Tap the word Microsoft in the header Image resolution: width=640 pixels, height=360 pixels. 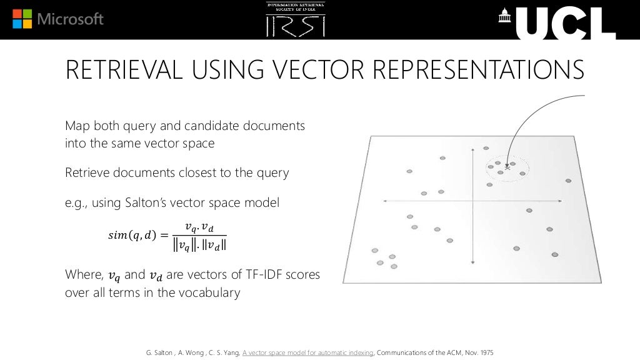(71, 19)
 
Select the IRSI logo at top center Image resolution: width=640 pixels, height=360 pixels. (296, 19)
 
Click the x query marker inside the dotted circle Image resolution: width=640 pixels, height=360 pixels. (507, 167)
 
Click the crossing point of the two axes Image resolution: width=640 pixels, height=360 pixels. (473, 201)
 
